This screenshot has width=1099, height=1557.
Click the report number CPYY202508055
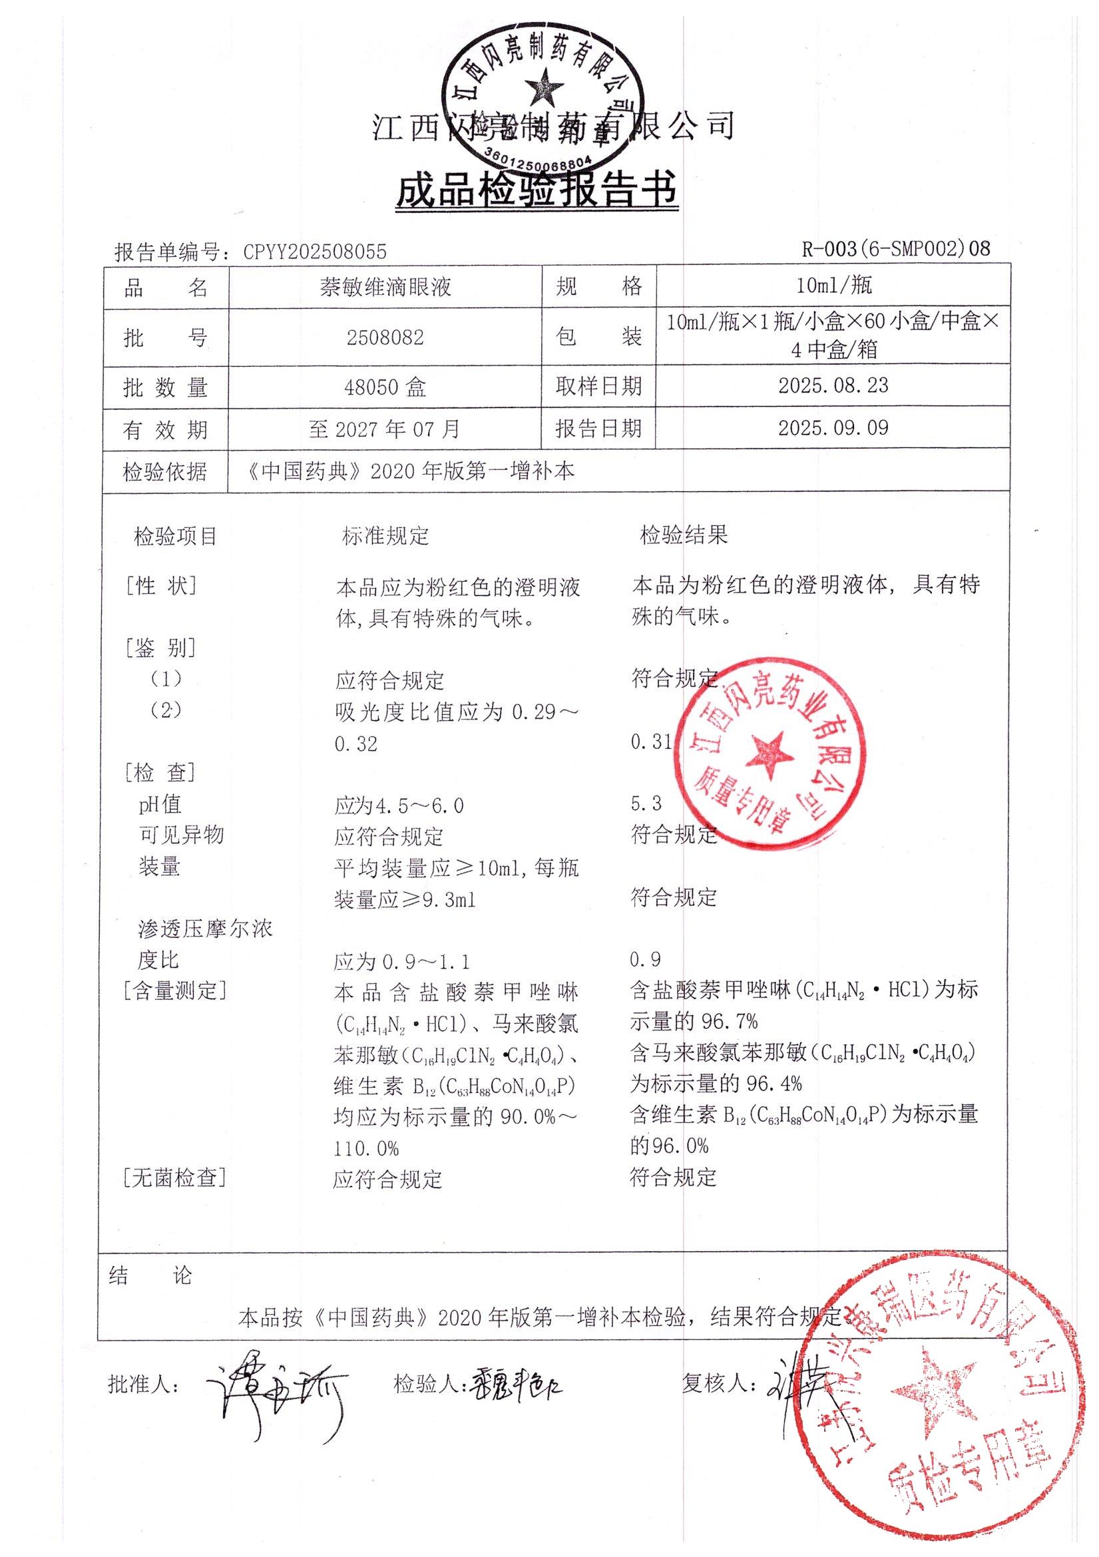coord(315,252)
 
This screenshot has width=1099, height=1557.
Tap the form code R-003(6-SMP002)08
coord(895,249)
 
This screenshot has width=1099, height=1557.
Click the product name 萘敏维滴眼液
coord(385,288)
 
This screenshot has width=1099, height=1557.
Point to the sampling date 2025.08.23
coord(833,386)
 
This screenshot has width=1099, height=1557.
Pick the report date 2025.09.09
coord(833,428)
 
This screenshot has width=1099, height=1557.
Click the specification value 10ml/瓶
coord(833,286)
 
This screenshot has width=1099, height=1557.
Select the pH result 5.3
coord(646,803)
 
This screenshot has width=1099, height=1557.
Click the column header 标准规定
coord(385,537)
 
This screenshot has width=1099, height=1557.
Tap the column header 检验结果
coord(684,536)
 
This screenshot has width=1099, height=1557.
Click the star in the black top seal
coord(546,86)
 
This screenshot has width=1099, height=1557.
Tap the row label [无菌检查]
coord(174,1178)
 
